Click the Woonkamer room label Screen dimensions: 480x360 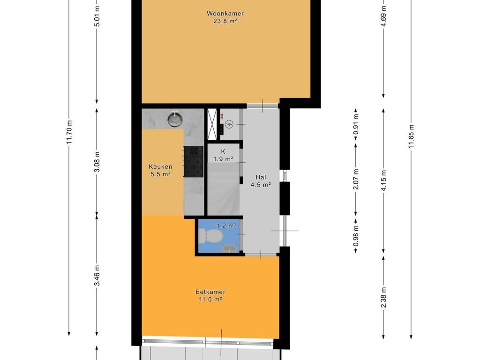(225, 14)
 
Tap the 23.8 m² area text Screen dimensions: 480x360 (225, 21)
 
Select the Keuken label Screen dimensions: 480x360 (160, 167)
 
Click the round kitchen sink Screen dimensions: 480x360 (175, 119)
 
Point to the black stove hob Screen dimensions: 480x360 (193, 161)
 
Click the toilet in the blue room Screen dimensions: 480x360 (210, 236)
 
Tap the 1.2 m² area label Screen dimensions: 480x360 (226, 225)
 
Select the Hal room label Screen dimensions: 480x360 (261, 177)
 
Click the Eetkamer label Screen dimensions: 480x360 (210, 292)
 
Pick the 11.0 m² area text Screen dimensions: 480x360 (210, 300)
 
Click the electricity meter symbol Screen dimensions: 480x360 (229, 124)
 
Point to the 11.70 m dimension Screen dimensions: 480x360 (69, 132)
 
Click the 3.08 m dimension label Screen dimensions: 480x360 (97, 162)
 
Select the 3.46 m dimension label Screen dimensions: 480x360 (97, 275)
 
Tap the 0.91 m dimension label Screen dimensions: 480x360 (356, 124)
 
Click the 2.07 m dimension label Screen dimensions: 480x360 (356, 179)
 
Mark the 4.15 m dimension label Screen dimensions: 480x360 (383, 180)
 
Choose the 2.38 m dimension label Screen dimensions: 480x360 (383, 297)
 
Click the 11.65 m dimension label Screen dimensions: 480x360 (411, 136)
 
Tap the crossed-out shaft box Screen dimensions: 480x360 (212, 124)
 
